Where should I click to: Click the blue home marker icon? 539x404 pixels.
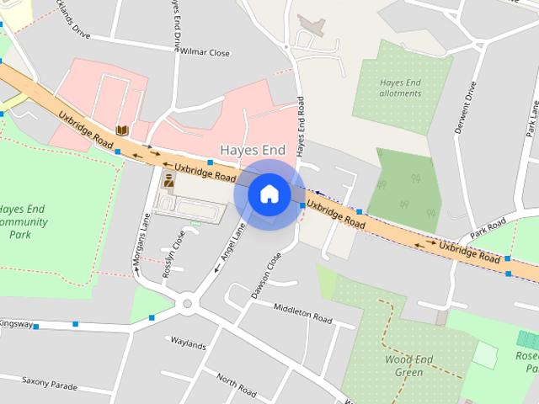click(x=269, y=194)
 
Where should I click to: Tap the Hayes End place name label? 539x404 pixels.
click(x=253, y=150)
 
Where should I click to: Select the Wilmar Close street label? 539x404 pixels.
click(x=204, y=52)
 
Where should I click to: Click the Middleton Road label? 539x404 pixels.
click(x=304, y=313)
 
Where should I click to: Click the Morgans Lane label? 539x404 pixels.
click(x=140, y=244)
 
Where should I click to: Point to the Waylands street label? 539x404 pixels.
click(x=188, y=344)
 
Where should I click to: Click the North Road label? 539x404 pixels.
click(x=236, y=385)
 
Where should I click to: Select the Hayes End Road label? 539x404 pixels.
click(x=301, y=126)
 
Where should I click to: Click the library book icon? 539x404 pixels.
click(x=123, y=130)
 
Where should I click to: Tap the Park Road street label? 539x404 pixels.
click(x=488, y=227)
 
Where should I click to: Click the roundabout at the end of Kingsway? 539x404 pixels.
click(x=186, y=304)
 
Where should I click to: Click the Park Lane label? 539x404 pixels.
click(x=532, y=118)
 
